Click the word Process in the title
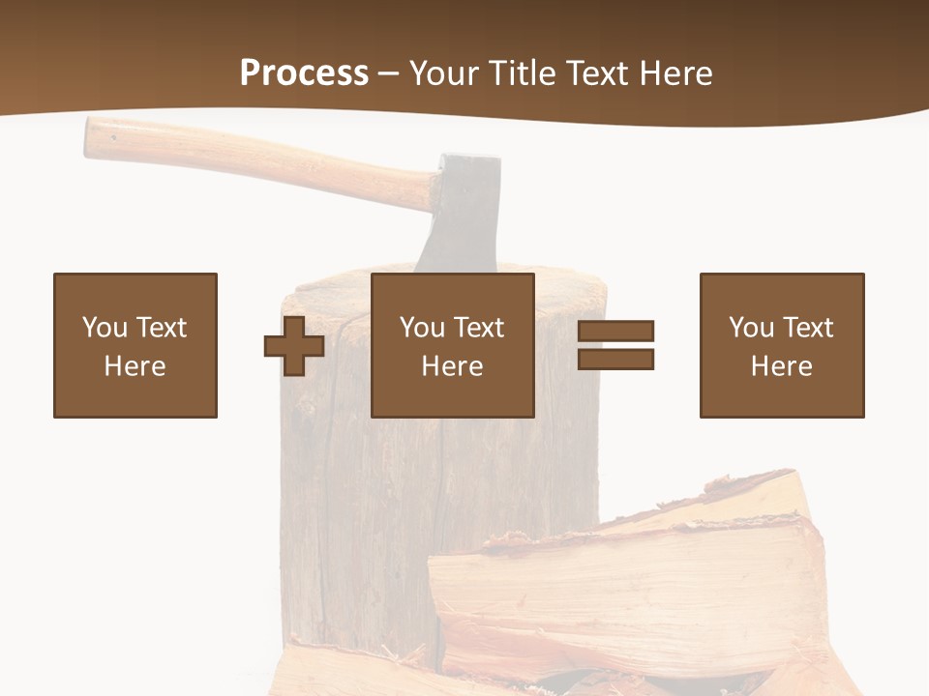pos(304,72)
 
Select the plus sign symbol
pos(294,346)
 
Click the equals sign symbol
pos(615,345)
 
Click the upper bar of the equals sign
pos(615,331)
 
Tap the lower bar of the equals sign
pos(615,360)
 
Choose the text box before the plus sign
pos(135,345)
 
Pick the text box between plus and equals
pos(453,345)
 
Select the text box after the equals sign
pos(782,345)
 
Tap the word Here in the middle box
pos(453,366)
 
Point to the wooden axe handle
pos(261,159)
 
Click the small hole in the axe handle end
pos(113,137)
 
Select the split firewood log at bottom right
pos(629,580)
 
